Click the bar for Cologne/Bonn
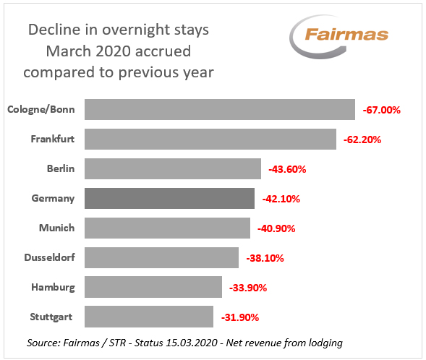(219, 109)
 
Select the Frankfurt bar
(210, 139)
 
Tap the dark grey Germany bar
(169, 198)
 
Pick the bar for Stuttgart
(148, 317)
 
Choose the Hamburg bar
(153, 287)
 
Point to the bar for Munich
(167, 228)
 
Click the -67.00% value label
(381, 110)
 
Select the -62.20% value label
(362, 140)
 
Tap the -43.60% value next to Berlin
(287, 169)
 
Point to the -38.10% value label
(265, 258)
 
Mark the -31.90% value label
(239, 317)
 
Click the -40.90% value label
(276, 228)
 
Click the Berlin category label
(60, 168)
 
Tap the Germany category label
(53, 198)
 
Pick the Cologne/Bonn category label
(41, 109)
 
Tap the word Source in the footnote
(43, 340)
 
